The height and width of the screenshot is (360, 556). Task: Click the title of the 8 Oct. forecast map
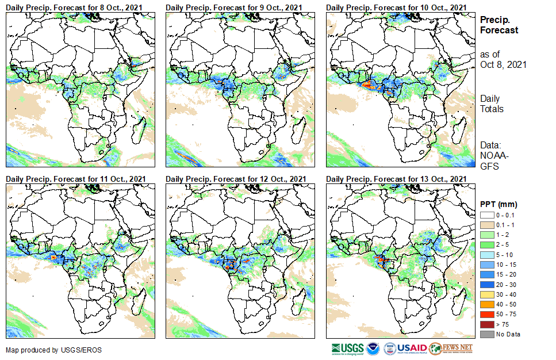click(75, 6)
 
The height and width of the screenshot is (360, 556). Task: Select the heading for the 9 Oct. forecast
click(235, 6)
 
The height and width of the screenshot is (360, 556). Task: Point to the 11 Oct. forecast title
click(75, 178)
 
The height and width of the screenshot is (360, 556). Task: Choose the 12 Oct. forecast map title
click(235, 178)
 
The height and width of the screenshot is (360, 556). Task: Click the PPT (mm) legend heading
click(499, 204)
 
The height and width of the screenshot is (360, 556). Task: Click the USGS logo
click(347, 348)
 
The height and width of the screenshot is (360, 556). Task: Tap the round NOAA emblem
click(373, 348)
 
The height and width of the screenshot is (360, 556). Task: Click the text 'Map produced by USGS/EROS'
click(44, 350)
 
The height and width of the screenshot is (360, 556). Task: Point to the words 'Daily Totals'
click(492, 104)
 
